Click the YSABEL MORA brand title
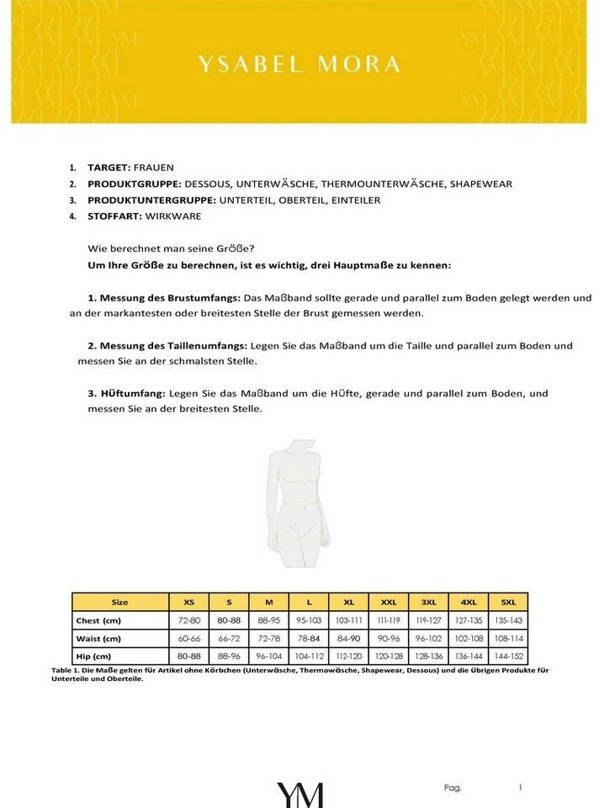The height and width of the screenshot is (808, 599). (299, 65)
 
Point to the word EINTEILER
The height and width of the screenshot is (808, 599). (352, 199)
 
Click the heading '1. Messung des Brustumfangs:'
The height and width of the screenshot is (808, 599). (164, 298)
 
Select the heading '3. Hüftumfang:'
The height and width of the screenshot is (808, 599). (126, 393)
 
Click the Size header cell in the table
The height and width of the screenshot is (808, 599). (120, 602)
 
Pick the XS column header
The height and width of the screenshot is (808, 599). (189, 602)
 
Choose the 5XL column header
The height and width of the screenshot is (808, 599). (508, 602)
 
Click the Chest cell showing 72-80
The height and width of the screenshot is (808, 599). (189, 619)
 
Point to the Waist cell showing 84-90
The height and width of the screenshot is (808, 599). (348, 638)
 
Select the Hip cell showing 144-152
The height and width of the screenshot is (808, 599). (508, 656)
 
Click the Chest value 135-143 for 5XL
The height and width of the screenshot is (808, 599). (508, 619)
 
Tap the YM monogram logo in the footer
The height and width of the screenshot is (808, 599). (299, 794)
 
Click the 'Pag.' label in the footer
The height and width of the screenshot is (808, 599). (452, 788)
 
